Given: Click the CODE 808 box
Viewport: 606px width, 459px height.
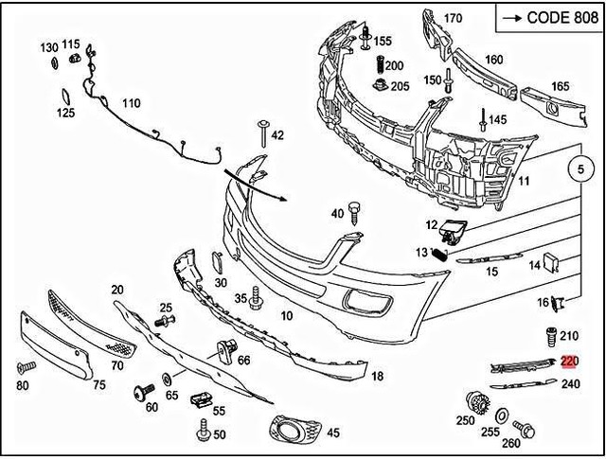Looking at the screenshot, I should click(545, 17).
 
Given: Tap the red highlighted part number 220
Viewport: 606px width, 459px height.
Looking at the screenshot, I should click(569, 362).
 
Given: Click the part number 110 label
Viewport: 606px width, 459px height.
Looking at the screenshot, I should click(131, 103).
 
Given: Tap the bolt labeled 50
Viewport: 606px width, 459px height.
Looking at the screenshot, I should click(202, 434).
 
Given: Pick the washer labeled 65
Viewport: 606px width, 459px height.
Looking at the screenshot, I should click(169, 380).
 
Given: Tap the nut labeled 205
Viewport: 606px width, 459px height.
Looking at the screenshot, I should click(379, 87).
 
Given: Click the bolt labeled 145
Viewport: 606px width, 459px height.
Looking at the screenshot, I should click(482, 120).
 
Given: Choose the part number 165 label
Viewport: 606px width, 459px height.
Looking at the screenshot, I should click(561, 86).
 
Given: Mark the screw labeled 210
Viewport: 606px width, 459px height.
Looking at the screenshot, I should click(549, 336).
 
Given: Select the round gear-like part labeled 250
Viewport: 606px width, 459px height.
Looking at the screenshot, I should click(478, 401).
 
